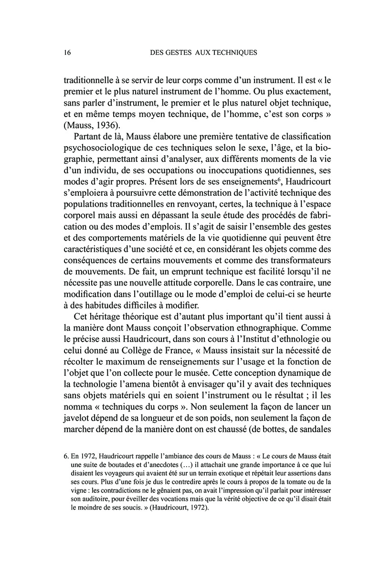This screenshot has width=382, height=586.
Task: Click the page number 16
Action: point(68,53)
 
